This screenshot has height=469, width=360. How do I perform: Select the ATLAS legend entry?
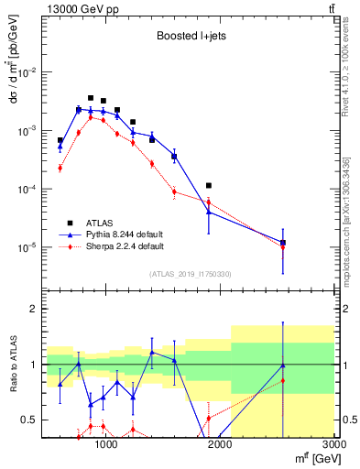pyautogui.click(x=101, y=223)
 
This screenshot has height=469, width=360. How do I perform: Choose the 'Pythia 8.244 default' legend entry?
pyautogui.click(x=124, y=234)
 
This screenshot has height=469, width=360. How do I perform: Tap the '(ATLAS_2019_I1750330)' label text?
pyautogui.click(x=190, y=274)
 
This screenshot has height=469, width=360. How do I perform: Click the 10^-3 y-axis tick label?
pyautogui.click(x=27, y=131)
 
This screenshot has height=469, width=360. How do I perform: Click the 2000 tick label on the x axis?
pyautogui.click(x=220, y=444)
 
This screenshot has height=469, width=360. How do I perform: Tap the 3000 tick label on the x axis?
pyautogui.click(x=333, y=444)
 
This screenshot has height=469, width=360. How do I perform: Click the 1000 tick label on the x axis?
pyautogui.click(x=106, y=444)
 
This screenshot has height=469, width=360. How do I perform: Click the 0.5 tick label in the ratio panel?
pyautogui.click(x=29, y=420)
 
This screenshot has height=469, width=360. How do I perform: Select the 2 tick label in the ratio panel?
pyautogui.click(x=34, y=309)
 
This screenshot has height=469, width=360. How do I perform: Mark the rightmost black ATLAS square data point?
pyautogui.click(x=283, y=243)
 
